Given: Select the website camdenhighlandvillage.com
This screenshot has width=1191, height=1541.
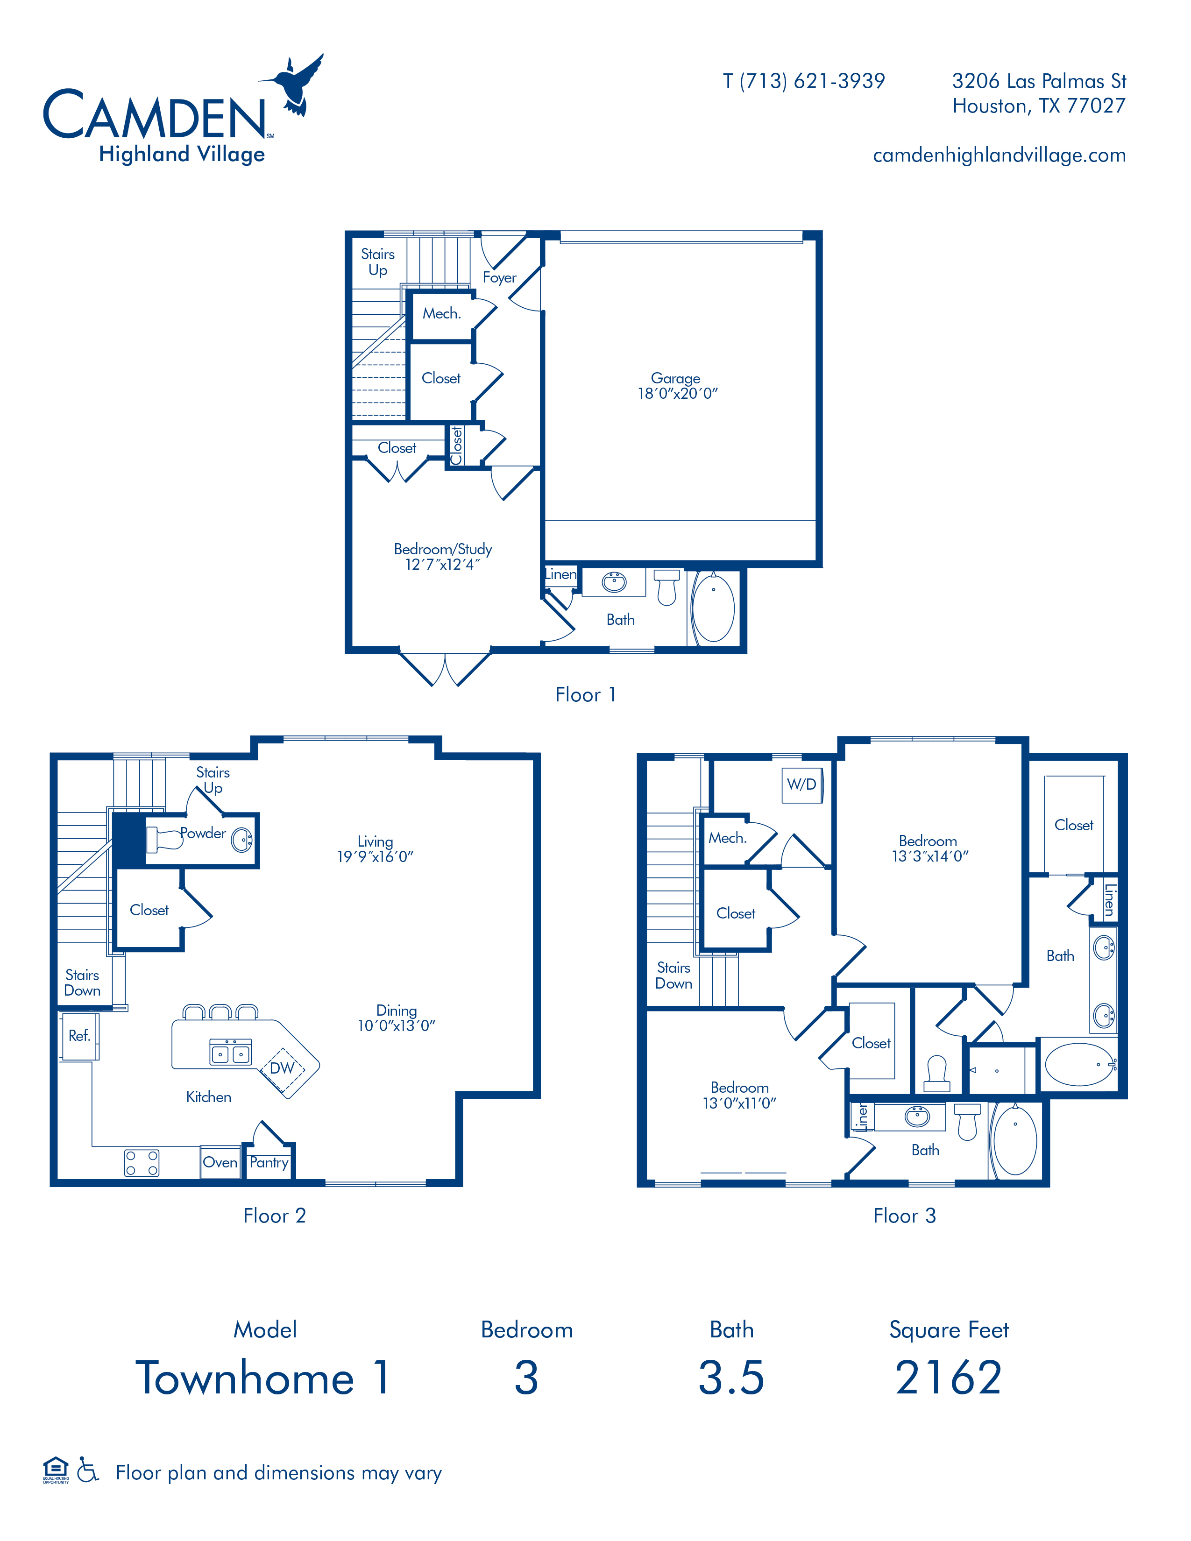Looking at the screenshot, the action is tap(999, 155).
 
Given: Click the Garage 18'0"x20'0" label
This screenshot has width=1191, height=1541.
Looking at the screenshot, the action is tap(677, 386).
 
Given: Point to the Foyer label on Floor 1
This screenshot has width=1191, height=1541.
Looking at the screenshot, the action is tap(500, 278).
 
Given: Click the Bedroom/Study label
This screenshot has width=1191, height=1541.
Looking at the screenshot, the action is tap(442, 556).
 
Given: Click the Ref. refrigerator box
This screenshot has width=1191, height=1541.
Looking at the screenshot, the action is tap(79, 1036).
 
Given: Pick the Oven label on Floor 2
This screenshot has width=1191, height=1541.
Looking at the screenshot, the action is tap(220, 1162).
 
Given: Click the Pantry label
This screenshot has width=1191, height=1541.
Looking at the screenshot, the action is tap(269, 1162).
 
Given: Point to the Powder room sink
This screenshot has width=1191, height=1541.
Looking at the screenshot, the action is tap(242, 840).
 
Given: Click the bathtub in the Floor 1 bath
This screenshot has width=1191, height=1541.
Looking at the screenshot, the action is tap(713, 608).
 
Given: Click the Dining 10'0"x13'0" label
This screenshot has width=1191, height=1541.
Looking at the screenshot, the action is tap(397, 1018).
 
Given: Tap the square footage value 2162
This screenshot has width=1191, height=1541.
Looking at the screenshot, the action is tap(948, 1378).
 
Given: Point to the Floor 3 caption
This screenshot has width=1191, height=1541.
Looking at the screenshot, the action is tap(905, 1216).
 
